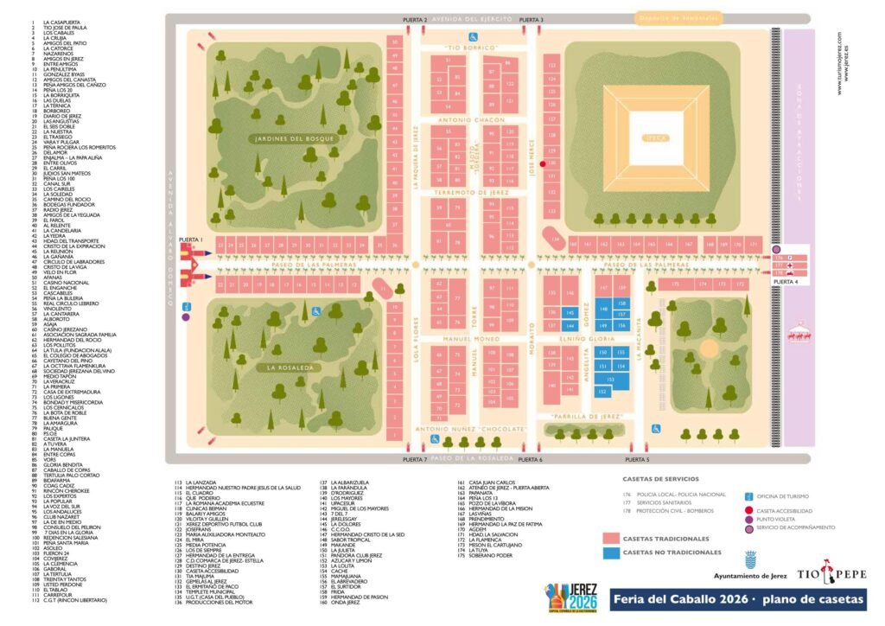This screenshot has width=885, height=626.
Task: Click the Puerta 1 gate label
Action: click(x=190, y=239)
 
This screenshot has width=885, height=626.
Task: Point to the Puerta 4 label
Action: click(x=784, y=282)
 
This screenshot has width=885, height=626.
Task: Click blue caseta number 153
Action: click(x=611, y=379)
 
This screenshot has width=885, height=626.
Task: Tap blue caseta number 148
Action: click(x=604, y=308)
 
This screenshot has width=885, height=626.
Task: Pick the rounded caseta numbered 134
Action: click(x=557, y=240)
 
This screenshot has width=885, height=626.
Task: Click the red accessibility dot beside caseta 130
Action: click(x=542, y=163)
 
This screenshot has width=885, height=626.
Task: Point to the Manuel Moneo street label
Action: click(x=466, y=339)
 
